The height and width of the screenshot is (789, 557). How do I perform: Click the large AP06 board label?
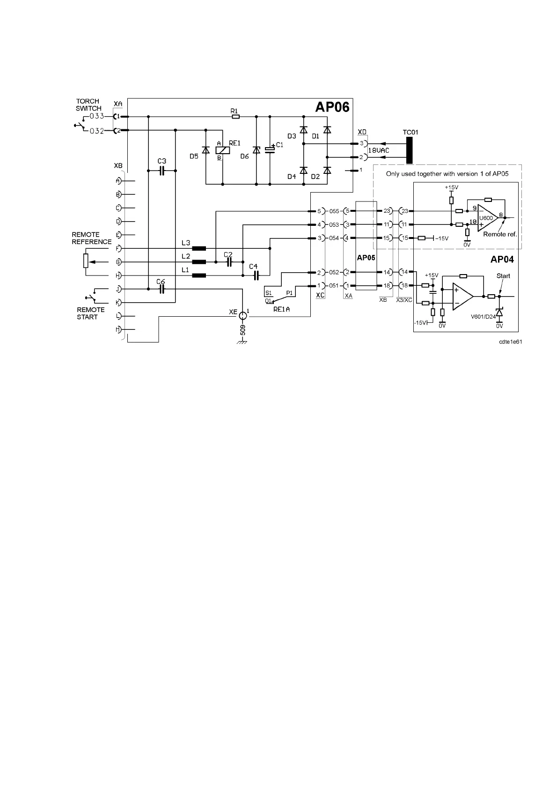[x=332, y=107]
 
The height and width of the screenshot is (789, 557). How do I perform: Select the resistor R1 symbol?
[x=235, y=116]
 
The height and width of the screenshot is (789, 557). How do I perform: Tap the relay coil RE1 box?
[x=222, y=150]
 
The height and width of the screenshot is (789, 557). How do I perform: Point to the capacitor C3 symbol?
[x=161, y=171]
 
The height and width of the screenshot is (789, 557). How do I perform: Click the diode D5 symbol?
[x=205, y=150]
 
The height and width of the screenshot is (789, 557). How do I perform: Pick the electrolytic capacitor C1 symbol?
[x=270, y=149]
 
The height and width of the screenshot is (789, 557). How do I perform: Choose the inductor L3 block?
[x=199, y=248]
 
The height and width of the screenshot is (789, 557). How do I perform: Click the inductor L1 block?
[x=199, y=275]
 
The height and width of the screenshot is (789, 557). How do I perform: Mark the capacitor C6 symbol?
[x=161, y=290]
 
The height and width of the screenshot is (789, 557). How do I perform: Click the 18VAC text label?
[x=378, y=150]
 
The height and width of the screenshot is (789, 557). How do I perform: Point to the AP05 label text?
[x=366, y=258]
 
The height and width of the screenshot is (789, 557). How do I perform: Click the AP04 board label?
[x=502, y=260]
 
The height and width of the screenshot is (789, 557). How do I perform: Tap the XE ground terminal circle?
[x=242, y=316]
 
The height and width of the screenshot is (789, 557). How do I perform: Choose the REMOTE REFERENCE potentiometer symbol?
[x=86, y=261]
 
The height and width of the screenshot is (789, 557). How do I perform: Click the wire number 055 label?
[x=334, y=211]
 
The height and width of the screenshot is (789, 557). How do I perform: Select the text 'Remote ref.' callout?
[x=500, y=234]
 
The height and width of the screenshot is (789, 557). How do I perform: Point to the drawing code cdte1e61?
[x=510, y=342]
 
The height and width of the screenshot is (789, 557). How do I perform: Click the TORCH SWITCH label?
[x=88, y=104]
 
